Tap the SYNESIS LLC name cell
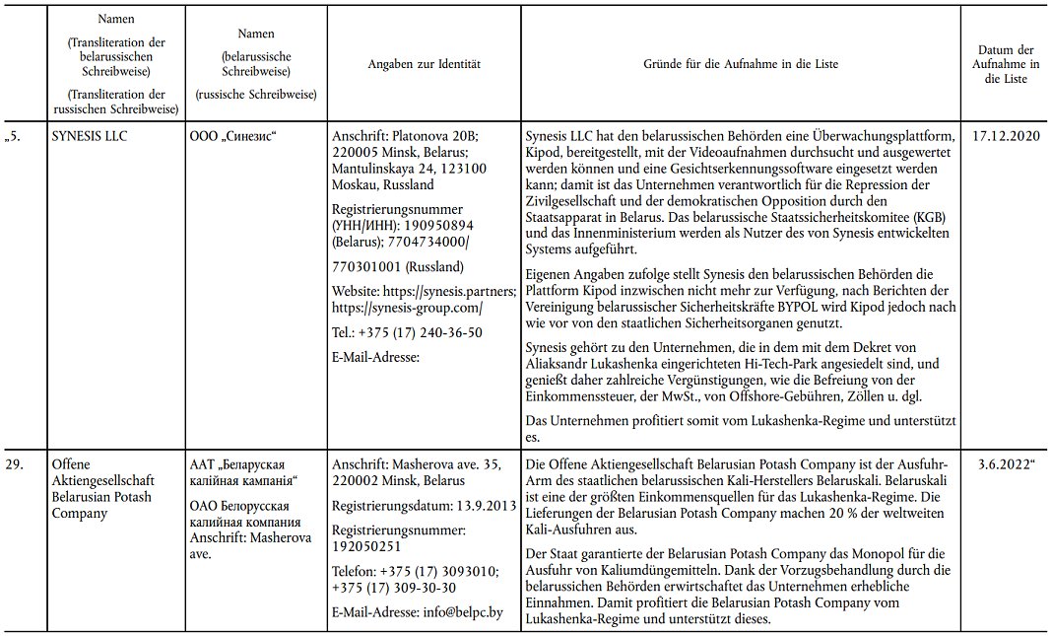click(x=89, y=135)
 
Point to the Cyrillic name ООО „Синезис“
click(x=233, y=135)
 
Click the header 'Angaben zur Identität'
click(x=424, y=64)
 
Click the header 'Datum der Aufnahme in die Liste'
click(x=1005, y=64)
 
